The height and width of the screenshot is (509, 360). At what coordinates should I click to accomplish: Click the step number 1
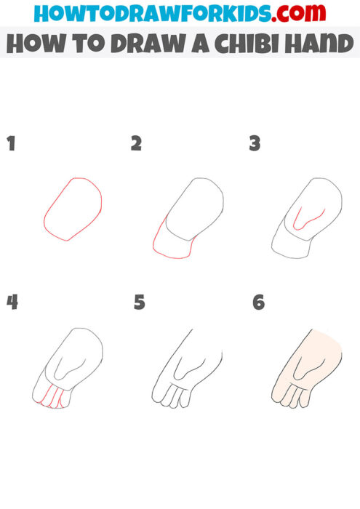[x=11, y=143]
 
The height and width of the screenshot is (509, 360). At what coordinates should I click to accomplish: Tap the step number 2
[x=136, y=143]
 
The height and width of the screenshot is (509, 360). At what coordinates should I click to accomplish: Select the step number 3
[x=255, y=143]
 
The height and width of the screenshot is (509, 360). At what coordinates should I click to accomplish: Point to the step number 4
[x=11, y=301]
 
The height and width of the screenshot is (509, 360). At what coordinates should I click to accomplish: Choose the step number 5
[x=139, y=301]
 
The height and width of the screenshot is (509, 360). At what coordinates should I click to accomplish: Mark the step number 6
[x=258, y=301]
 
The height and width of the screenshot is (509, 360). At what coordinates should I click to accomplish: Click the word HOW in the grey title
[x=31, y=45]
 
